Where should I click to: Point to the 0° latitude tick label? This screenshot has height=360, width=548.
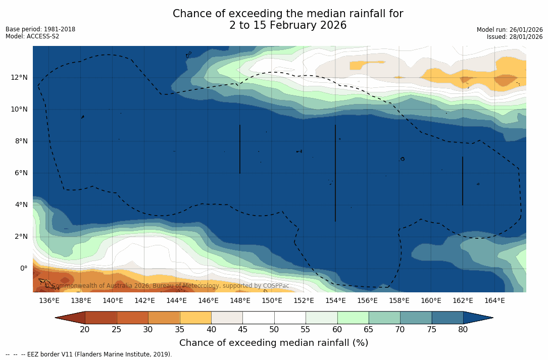click(x=24, y=268)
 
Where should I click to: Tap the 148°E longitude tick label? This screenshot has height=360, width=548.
click(x=240, y=301)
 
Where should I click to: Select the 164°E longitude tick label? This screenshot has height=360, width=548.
click(x=494, y=301)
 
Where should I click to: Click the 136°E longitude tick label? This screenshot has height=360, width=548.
click(x=49, y=301)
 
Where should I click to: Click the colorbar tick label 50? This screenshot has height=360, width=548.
click(x=274, y=330)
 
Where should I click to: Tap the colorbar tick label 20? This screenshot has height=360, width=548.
click(x=85, y=330)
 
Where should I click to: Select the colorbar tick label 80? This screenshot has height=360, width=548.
click(x=463, y=330)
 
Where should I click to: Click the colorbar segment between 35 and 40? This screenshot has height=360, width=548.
click(x=195, y=318)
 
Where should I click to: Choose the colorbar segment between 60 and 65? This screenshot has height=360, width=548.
click(x=353, y=318)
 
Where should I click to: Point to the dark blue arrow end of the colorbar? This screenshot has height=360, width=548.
click(x=478, y=318)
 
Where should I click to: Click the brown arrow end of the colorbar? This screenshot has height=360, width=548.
click(x=70, y=318)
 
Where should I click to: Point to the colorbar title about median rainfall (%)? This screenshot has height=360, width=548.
click(x=274, y=343)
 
